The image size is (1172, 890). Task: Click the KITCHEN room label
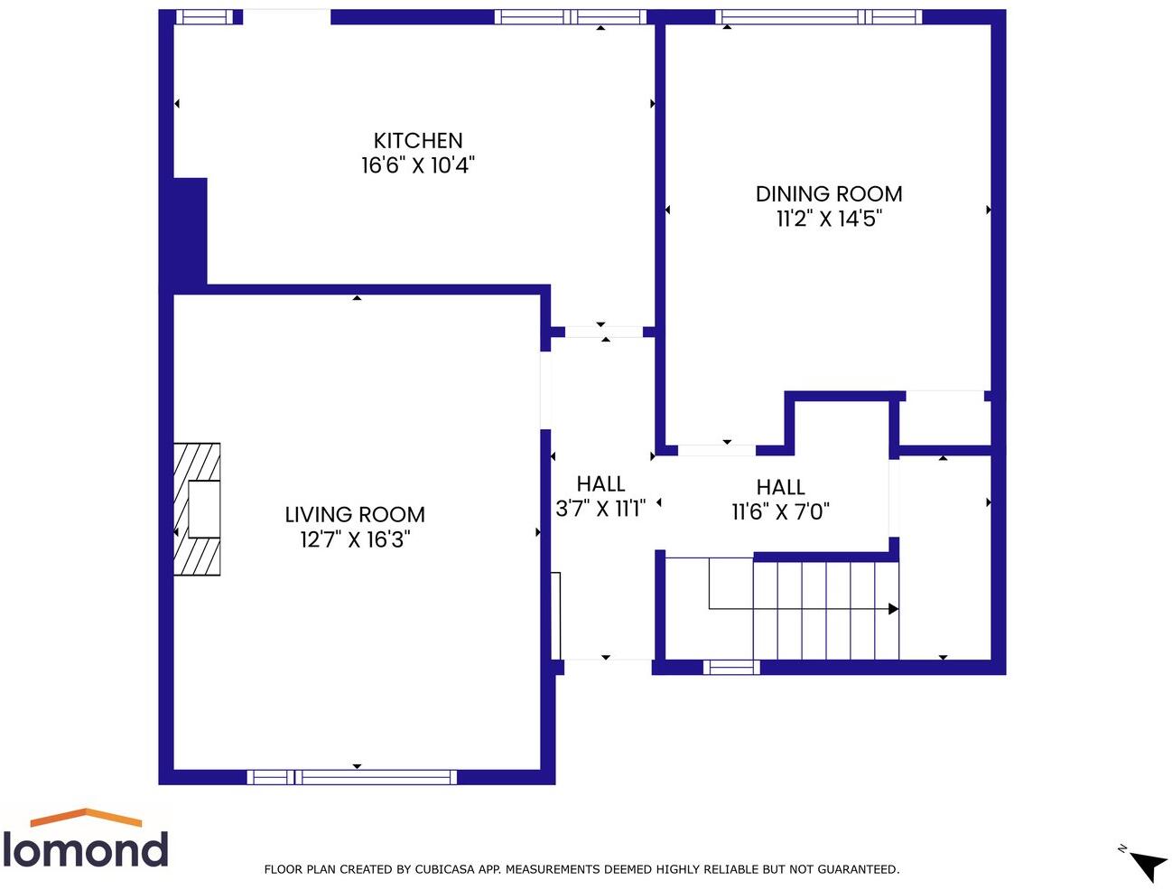(418, 141)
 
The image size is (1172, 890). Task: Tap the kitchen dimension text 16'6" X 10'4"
(418, 165)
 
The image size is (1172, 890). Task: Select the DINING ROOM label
(828, 194)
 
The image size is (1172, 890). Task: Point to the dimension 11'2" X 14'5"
(828, 219)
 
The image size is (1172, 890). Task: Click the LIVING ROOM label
(355, 515)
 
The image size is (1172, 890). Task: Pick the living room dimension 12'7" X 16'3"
(355, 539)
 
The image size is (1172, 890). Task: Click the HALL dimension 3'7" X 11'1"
(600, 509)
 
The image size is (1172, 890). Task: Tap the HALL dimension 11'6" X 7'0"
(780, 511)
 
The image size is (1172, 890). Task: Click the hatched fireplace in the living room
(197, 509)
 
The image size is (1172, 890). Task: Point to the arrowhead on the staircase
(893, 609)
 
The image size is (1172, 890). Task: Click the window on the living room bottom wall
(352, 777)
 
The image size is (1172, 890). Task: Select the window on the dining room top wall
(818, 16)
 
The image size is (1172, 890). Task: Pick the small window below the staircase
(731, 668)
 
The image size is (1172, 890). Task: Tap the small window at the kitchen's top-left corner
(204, 16)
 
